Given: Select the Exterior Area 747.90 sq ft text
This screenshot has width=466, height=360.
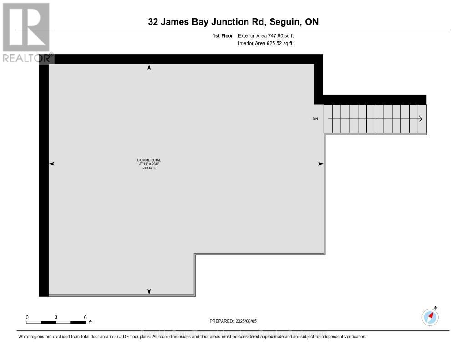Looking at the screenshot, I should pyautogui.click(x=269, y=35).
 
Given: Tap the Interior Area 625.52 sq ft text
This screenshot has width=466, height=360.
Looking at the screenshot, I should pyautogui.click(x=265, y=44).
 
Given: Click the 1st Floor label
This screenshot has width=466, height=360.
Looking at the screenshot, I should pyautogui.click(x=223, y=35).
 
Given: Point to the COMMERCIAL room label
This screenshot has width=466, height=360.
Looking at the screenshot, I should pyautogui.click(x=149, y=160).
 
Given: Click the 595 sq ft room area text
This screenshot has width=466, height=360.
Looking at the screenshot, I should pyautogui.click(x=149, y=168).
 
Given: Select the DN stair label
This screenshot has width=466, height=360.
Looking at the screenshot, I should pyautogui.click(x=315, y=119).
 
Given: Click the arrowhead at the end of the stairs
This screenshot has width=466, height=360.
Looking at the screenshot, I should pyautogui.click(x=420, y=119).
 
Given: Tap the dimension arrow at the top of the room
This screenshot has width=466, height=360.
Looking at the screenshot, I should pyautogui.click(x=149, y=67).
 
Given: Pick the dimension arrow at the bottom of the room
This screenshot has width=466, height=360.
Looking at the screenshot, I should pyautogui.click(x=149, y=292).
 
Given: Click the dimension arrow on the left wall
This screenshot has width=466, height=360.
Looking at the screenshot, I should pyautogui.click(x=51, y=164).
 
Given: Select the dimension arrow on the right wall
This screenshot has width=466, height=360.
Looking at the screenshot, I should pyautogui.click(x=320, y=164).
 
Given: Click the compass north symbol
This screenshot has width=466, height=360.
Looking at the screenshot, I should pyautogui.click(x=430, y=316).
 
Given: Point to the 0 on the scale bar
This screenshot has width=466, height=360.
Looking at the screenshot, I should pyautogui.click(x=27, y=317).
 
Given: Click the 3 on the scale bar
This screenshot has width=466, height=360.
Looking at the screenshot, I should pyautogui.click(x=56, y=317).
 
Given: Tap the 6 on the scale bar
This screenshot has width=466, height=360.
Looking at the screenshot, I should pyautogui.click(x=85, y=317).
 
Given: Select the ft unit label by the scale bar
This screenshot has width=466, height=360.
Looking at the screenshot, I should pyautogui.click(x=90, y=323).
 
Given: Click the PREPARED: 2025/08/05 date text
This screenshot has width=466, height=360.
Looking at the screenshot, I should pyautogui.click(x=233, y=321).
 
